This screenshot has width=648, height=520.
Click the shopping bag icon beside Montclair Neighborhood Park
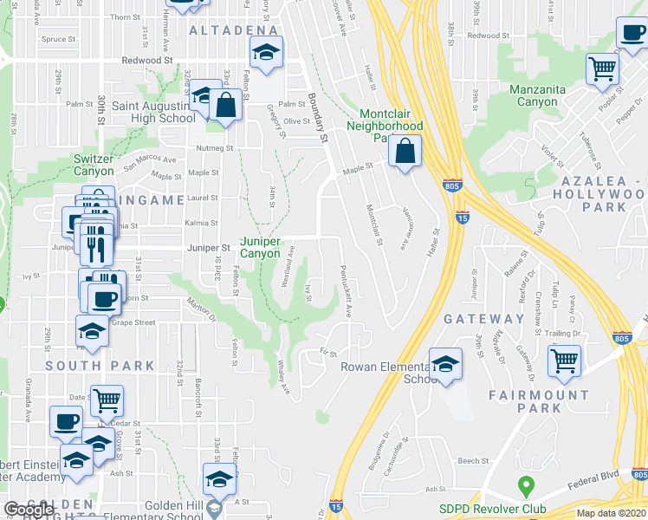(x=405, y=152)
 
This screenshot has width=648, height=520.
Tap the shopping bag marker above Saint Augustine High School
(x=225, y=106)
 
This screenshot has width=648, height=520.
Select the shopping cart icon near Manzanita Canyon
(x=602, y=68)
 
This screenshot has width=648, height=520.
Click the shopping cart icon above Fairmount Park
(x=565, y=359)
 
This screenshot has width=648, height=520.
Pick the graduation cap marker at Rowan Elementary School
(x=445, y=364)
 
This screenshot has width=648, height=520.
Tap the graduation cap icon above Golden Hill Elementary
(x=219, y=478)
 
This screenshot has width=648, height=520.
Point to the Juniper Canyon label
(x=261, y=248)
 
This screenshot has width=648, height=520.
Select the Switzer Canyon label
(x=93, y=165)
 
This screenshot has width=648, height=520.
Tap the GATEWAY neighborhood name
(x=484, y=319)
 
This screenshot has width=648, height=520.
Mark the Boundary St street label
(x=317, y=119)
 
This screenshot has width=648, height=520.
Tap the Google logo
(x=29, y=510)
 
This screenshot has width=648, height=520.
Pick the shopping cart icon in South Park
(x=107, y=400)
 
